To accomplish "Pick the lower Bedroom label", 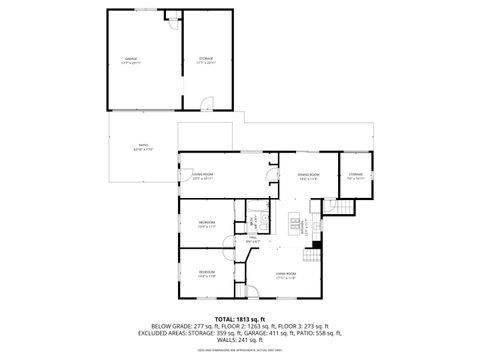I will tap(206, 273).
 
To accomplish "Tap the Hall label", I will tap(253, 239).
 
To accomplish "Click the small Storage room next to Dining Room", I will tap(355, 176).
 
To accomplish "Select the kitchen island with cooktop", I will tap(296, 226).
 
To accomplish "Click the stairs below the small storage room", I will tap(344, 207).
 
